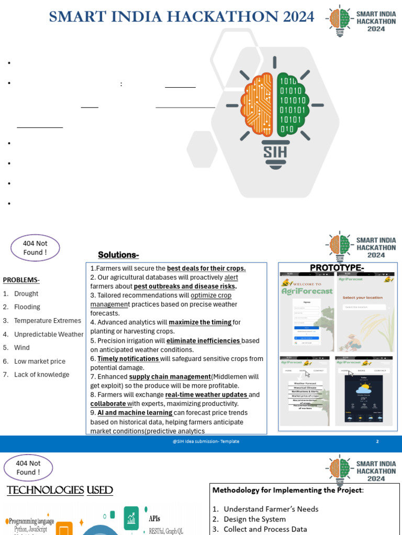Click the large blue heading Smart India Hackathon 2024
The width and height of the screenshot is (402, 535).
pos(181,17)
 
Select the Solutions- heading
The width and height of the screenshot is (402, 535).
pos(118,255)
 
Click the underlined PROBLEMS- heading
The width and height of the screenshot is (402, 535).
pos(21,280)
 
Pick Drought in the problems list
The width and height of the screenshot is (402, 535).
pos(26,294)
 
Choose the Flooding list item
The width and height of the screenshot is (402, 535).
pos(27,307)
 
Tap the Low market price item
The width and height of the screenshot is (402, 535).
pos(39,361)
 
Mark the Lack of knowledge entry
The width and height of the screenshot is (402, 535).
pos(41,375)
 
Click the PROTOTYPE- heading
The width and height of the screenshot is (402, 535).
pos(337,268)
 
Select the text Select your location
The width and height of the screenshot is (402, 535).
pos(362,298)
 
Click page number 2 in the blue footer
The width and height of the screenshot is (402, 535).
pos(377,441)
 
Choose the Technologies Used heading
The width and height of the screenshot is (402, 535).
pos(60,490)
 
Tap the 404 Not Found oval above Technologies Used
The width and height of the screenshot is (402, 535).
pos(28,468)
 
